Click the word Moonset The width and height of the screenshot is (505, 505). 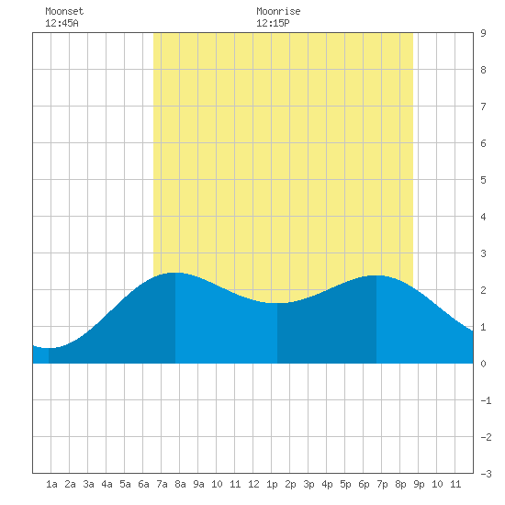[64, 11]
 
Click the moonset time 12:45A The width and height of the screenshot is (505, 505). [62, 23]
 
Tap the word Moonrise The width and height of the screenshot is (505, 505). [278, 11]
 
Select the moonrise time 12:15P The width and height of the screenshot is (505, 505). [273, 23]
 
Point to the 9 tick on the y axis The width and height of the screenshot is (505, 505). [483, 33]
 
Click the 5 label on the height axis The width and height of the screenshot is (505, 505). [483, 180]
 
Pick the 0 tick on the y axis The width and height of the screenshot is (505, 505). [483, 364]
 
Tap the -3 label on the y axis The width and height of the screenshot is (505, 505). [486, 474]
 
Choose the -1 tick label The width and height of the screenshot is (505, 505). [486, 400]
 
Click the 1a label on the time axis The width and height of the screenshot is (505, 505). [51, 484]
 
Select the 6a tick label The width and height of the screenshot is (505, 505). [143, 484]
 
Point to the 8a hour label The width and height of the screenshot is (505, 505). [180, 484]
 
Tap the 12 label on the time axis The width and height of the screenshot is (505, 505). [253, 484]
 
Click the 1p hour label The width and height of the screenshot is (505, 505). [272, 484]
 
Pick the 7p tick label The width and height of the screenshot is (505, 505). [382, 484]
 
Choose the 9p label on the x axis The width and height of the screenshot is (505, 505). [419, 484]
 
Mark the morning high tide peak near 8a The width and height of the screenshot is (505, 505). [175, 273]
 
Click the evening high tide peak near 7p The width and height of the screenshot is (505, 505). [376, 275]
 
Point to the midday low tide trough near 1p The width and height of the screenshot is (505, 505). [277, 303]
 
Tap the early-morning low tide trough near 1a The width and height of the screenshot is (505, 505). [49, 348]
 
